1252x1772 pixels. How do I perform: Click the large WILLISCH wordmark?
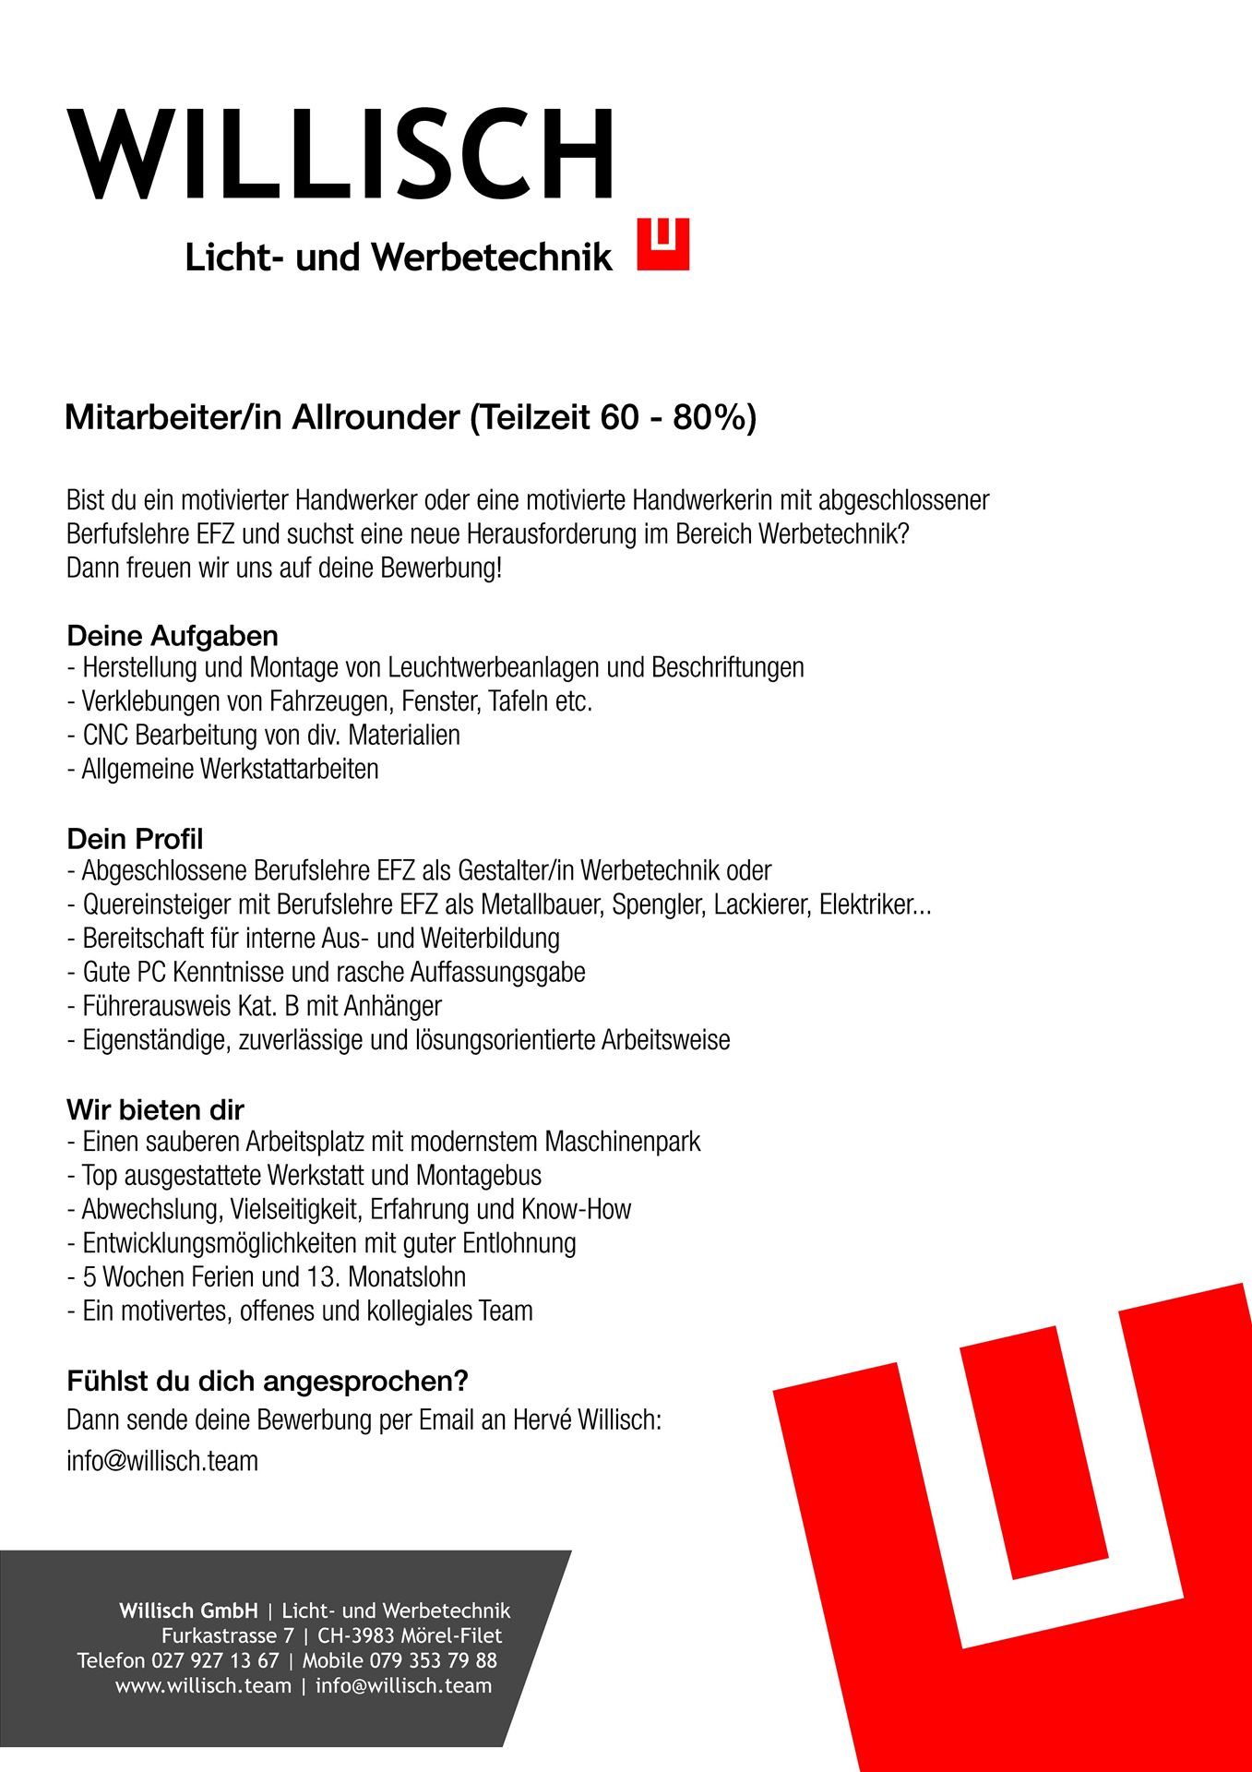[x=340, y=154]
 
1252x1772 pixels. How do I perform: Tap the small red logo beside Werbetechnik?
[x=662, y=245]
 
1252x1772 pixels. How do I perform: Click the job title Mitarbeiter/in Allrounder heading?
[x=411, y=418]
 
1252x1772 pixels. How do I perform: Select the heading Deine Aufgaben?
[x=173, y=636]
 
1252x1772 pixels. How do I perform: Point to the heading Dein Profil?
[x=135, y=839]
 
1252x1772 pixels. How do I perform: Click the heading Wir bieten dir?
[x=155, y=1109]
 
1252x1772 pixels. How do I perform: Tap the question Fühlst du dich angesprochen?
[x=268, y=1381]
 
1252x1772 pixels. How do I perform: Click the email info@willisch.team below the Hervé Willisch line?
[x=162, y=1461]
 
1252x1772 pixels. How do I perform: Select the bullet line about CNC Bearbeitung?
[x=263, y=736]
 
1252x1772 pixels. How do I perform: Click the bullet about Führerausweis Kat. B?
[x=255, y=1006]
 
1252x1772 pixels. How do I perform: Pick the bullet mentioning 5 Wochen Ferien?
[x=267, y=1277]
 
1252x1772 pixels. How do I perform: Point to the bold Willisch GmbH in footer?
[x=188, y=1611]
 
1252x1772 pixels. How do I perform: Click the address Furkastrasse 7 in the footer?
[x=228, y=1636]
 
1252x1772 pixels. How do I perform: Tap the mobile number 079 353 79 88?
[x=434, y=1661]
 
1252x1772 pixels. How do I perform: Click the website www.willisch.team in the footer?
[x=203, y=1686]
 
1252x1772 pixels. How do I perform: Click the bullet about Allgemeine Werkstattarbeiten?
[x=223, y=770]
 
